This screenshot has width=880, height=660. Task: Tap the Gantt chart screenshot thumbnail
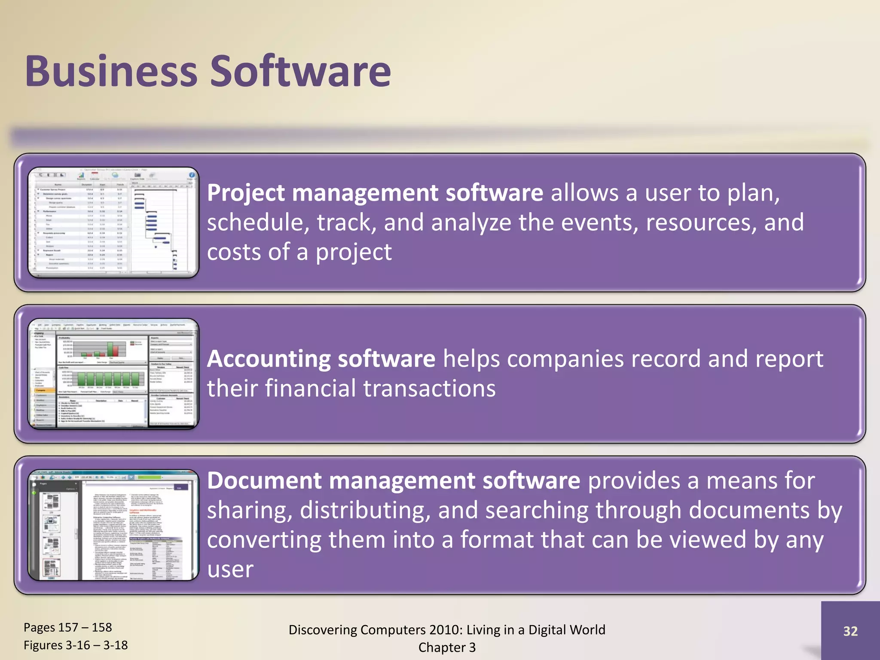113,223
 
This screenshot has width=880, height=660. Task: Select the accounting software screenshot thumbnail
113,374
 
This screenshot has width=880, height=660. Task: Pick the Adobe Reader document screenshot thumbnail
113,525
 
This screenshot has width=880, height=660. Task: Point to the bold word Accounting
268,359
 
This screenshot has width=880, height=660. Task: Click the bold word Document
264,480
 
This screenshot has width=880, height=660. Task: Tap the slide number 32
850,631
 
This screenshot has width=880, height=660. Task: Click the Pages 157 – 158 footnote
67,627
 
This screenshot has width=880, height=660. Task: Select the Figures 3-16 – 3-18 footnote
76,645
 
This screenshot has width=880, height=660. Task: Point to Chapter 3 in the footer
447,647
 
